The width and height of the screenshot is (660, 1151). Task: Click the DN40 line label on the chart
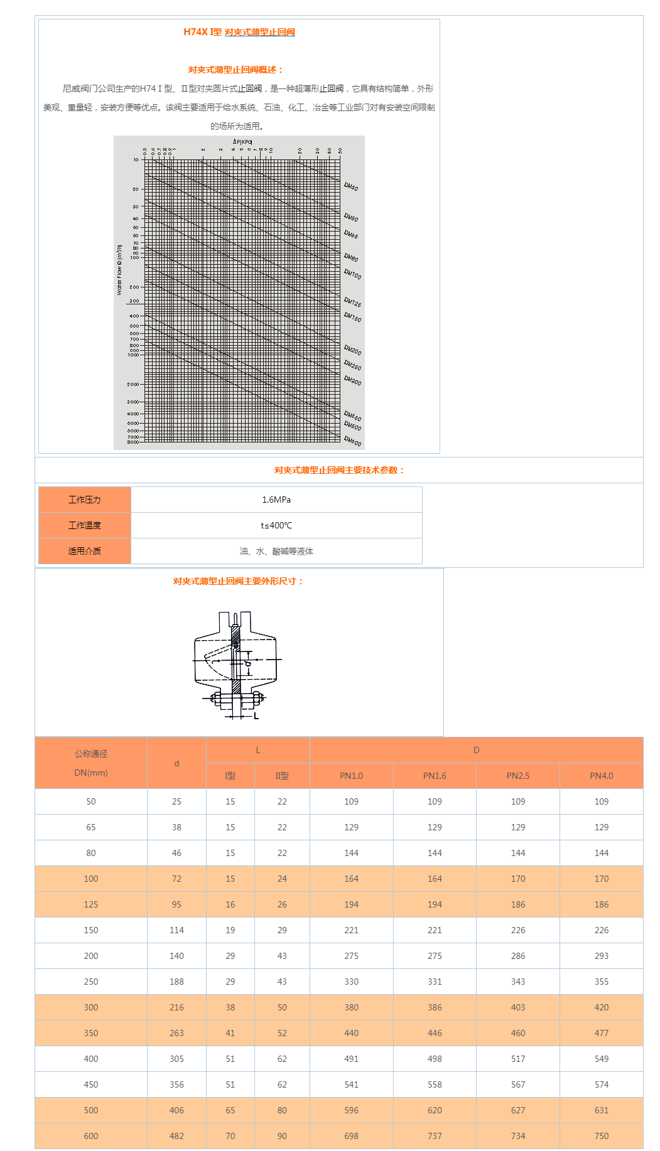pos(351,186)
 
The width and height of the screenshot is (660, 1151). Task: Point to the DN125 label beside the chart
pos(352,302)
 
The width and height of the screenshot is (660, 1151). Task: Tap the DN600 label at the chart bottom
pos(352,442)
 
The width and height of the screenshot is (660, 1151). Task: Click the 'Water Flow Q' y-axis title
pos(119,270)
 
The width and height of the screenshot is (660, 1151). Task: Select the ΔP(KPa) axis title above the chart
pos(242,142)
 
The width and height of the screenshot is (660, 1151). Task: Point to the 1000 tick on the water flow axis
pos(133,355)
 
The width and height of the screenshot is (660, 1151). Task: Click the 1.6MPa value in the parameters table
pos(276,500)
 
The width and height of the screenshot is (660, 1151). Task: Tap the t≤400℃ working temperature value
pos(276,525)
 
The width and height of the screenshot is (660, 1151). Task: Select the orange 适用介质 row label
pos(85,551)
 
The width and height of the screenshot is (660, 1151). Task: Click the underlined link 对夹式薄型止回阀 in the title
pos(259,32)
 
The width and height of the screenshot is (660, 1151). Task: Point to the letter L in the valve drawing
pos(256,715)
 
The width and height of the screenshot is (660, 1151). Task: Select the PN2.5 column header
pos(518,776)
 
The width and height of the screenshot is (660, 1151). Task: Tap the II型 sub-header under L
pos(282,776)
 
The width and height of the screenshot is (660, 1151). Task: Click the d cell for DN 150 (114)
pos(176,930)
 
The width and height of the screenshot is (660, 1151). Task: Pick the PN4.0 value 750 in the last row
pos(602,1136)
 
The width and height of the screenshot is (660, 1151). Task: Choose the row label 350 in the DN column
pos(91,1033)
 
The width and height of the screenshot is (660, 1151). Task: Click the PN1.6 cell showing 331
pos(435,982)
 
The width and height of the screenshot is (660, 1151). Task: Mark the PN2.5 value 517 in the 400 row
pos(518,1059)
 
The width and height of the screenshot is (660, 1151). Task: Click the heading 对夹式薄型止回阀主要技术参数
pos(339,470)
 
